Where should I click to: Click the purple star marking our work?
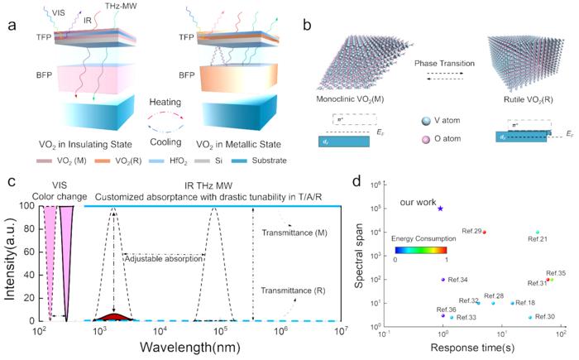point(440,209)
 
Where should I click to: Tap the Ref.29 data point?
point(485,233)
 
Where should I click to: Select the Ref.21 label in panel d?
point(538,240)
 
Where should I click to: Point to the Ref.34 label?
point(458,280)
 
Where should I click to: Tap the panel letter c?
point(11,181)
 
